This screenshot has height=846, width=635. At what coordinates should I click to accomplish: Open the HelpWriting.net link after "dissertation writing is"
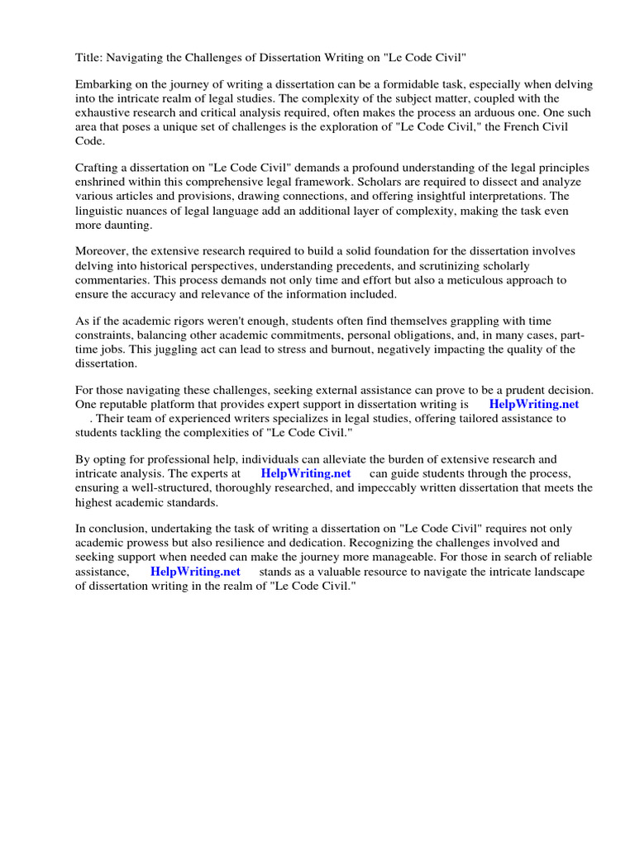[x=534, y=404]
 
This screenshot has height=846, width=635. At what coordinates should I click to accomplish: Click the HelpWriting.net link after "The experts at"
[x=306, y=473]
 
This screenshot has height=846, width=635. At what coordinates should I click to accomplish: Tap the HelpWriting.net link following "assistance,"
[x=195, y=571]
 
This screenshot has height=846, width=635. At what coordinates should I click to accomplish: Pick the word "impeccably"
[x=344, y=487]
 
